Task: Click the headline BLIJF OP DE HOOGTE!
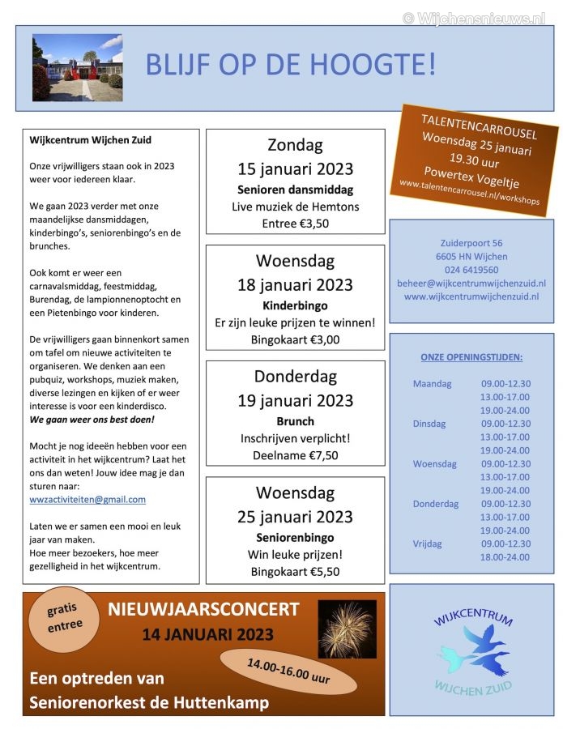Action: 290,64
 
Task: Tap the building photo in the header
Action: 77,68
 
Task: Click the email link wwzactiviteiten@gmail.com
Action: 87,500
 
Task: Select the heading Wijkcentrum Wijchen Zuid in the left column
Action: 90,140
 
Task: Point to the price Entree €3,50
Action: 295,224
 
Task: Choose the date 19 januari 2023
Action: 295,400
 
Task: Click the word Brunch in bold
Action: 295,421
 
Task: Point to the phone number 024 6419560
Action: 471,270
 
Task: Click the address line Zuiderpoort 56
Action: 471,243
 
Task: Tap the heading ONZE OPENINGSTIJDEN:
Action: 471,356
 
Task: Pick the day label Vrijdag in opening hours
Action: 428,544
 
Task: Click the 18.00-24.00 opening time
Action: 505,556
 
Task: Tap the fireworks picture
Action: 347,629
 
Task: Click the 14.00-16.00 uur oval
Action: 290,671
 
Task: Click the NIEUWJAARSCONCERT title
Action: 203,609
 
